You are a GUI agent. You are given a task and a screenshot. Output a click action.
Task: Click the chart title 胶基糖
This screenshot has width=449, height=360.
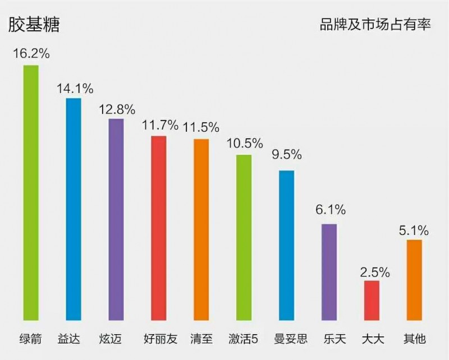(34, 25)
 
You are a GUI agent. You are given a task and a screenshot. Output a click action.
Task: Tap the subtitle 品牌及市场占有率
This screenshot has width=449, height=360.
(375, 25)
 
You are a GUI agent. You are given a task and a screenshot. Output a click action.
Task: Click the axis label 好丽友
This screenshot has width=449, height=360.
(159, 339)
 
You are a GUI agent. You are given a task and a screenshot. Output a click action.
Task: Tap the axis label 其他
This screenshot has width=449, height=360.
(414, 339)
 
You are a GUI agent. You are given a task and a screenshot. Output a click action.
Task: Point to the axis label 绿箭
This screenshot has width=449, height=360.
(31, 339)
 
